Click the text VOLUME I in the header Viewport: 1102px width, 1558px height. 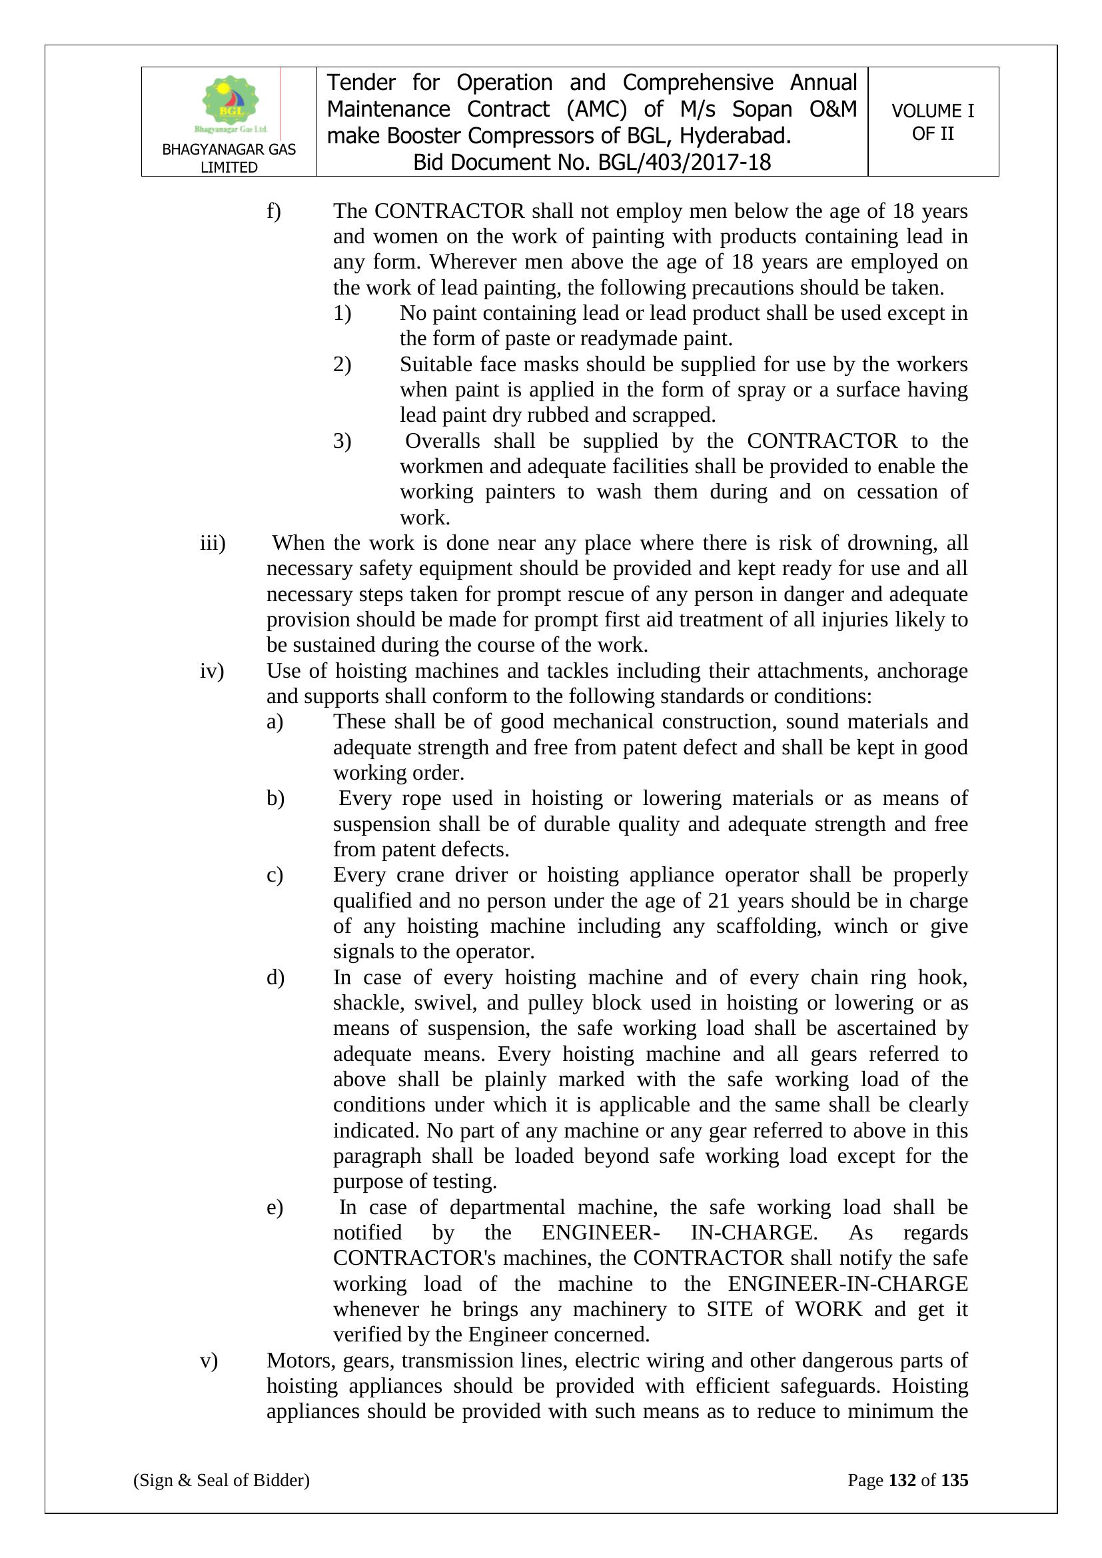[932, 111]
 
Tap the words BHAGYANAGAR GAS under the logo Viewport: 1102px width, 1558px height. [229, 149]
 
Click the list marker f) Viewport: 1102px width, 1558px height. [273, 211]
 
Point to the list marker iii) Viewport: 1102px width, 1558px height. [213, 543]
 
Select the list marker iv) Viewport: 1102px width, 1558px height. [212, 670]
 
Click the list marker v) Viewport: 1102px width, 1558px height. [209, 1361]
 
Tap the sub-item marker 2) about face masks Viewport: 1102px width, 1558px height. [342, 365]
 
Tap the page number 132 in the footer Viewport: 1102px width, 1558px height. [902, 1480]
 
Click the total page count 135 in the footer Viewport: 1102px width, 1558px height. [954, 1480]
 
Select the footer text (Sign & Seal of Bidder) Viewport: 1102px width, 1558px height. [221, 1480]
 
